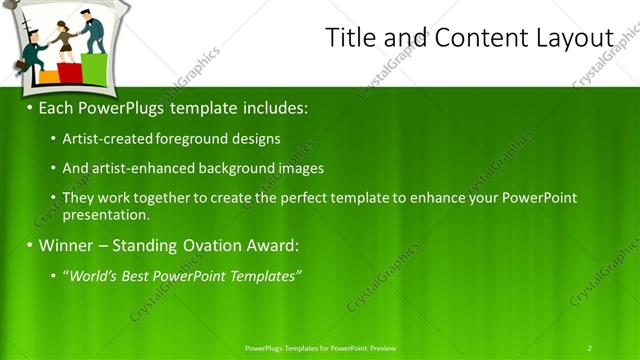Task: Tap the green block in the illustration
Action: [x=95, y=68]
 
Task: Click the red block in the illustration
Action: [x=70, y=72]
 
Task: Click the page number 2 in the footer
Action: [x=589, y=348]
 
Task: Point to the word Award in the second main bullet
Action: [x=273, y=245]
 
